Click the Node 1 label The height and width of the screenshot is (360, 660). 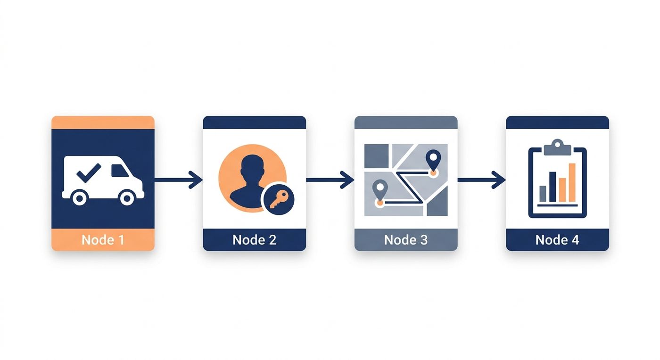click(103, 240)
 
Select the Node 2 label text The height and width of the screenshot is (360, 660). click(255, 240)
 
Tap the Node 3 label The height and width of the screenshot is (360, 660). click(406, 240)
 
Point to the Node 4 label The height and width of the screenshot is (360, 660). click(557, 240)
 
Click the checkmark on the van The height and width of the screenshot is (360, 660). click(89, 173)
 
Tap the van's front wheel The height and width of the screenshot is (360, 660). click(127, 198)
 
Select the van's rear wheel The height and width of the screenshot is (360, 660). click(80, 198)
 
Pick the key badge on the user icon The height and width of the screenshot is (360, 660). click(279, 199)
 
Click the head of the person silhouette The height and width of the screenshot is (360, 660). click(252, 166)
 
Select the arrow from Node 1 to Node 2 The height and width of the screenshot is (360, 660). click(179, 180)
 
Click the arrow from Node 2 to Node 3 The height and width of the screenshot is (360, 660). click(330, 180)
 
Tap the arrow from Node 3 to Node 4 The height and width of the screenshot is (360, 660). click(481, 180)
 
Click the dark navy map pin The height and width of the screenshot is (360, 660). click(433, 159)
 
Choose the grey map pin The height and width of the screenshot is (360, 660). click(380, 189)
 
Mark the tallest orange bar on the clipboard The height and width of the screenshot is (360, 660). click(572, 182)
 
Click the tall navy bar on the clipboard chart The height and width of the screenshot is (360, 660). click(553, 187)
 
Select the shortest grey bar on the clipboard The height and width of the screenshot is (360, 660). click(543, 194)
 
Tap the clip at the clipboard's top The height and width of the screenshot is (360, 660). click(557, 147)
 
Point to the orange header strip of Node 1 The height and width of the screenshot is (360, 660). click(103, 123)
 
